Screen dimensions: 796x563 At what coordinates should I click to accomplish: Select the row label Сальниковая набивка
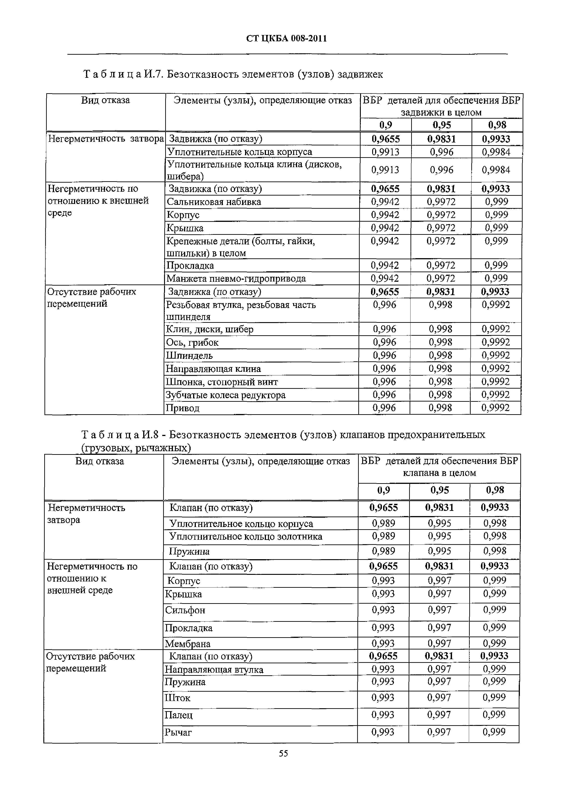[214, 202]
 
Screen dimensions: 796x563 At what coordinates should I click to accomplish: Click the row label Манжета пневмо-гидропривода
[236, 278]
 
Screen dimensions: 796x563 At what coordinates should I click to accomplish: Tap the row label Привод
[182, 408]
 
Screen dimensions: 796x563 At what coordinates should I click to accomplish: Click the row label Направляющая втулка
[214, 669]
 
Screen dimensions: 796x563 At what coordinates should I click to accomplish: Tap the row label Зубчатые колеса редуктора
[226, 395]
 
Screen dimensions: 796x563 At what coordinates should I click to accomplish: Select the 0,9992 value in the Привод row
[495, 408]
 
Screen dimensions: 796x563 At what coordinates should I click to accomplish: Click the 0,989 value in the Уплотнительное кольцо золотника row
[383, 536]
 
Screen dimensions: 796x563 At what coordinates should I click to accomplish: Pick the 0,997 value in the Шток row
[439, 697]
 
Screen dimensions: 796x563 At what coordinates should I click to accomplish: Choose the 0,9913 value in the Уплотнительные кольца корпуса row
[385, 152]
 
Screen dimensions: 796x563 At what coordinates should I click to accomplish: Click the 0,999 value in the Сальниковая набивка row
[496, 202]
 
